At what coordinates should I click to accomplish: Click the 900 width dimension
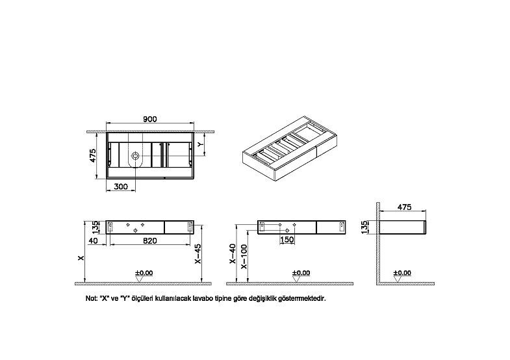pos(150,119)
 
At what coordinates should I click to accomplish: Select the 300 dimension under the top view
pos(121,186)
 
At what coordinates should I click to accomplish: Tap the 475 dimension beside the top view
pos(93,156)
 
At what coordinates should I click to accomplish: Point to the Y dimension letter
pos(201,144)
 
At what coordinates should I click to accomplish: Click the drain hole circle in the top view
pos(135,156)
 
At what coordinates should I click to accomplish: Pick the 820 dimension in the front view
pos(150,240)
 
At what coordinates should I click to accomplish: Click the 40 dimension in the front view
pos(93,240)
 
